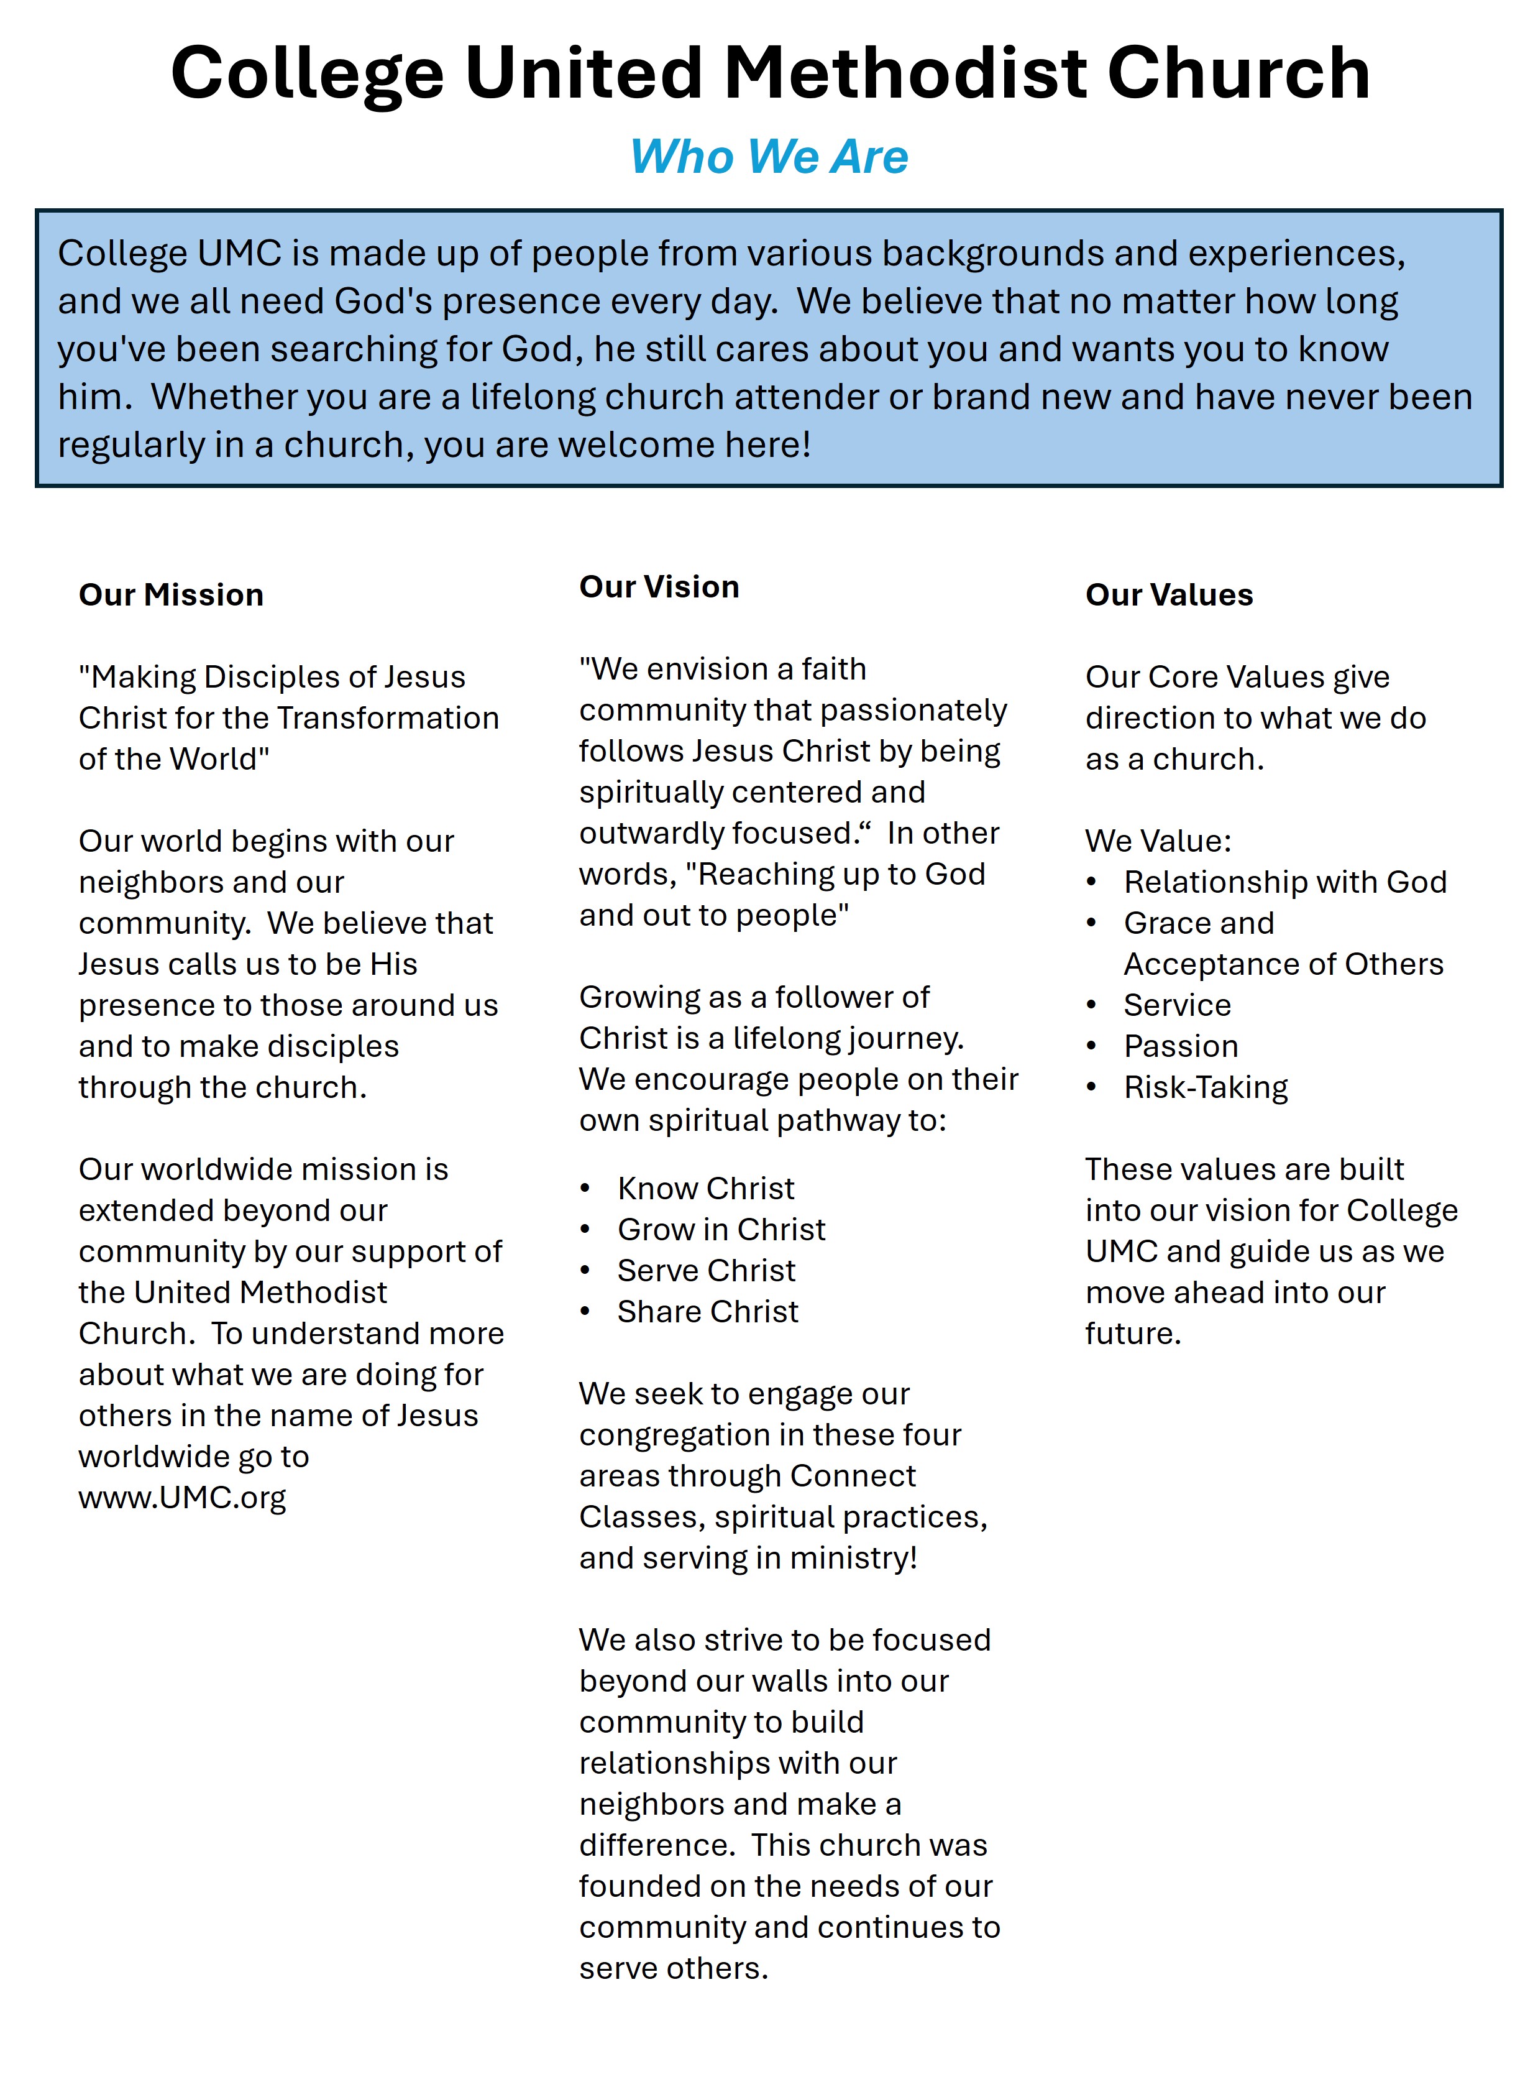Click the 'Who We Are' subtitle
[x=769, y=157]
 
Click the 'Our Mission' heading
[x=172, y=595]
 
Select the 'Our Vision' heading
[x=659, y=587]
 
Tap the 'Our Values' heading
[x=1170, y=595]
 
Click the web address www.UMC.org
[x=183, y=1498]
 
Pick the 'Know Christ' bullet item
[x=706, y=1189]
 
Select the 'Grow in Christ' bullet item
[x=721, y=1230]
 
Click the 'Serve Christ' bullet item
[x=707, y=1271]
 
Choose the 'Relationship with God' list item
[x=1284, y=882]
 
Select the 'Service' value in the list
[x=1177, y=1005]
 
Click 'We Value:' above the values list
[x=1158, y=841]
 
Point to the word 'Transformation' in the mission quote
[x=388, y=718]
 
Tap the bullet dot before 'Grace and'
[x=1092, y=924]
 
